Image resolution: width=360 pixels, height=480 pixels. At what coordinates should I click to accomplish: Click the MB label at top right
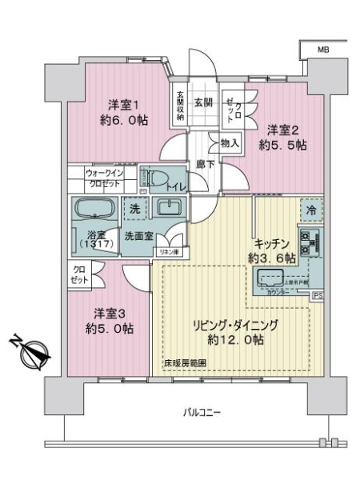pos(322,49)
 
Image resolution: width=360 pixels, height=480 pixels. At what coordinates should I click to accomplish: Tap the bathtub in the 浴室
pos(96,209)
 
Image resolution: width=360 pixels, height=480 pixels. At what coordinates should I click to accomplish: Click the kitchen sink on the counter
pos(270,279)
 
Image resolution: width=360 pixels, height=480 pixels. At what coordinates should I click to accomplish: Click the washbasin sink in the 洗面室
pos(170,210)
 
